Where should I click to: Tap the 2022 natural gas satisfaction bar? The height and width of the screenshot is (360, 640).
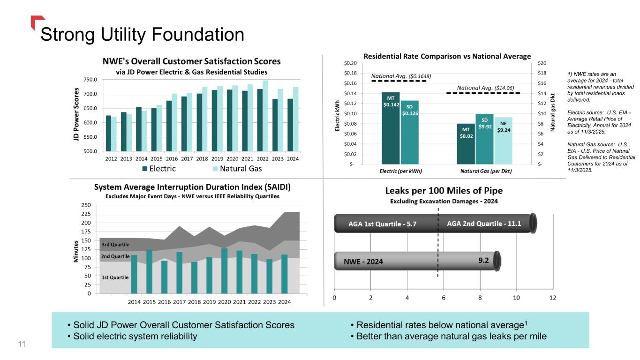[265, 116]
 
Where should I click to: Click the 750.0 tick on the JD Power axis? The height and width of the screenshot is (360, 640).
[90, 80]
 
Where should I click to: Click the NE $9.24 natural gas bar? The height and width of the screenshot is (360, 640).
[504, 141]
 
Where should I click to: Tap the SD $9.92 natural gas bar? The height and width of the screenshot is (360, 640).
[484, 139]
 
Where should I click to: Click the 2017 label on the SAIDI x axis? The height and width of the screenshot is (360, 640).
[179, 302]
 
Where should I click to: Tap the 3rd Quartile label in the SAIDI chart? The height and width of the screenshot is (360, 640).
[115, 245]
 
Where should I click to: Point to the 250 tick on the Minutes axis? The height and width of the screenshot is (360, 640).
[86, 205]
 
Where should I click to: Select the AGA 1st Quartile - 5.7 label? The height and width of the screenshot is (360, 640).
[382, 224]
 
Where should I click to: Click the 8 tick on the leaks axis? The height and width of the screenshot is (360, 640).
[480, 298]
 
